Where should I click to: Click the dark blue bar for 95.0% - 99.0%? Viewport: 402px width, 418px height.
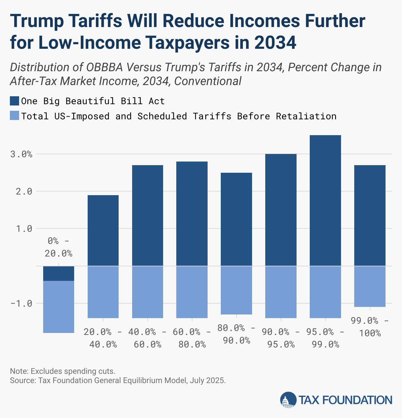pos(325,200)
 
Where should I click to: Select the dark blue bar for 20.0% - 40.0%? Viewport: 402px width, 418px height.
pos(103,230)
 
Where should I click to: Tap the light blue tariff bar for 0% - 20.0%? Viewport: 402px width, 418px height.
pos(59,307)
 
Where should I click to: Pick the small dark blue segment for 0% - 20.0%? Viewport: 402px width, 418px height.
pos(59,273)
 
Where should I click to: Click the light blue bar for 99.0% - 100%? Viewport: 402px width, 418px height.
pos(370,286)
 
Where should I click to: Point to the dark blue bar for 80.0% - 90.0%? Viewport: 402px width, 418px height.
pos(236,219)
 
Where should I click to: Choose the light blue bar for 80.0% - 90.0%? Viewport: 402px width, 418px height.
pos(236,290)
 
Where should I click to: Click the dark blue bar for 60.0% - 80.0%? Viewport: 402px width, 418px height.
pos(192,214)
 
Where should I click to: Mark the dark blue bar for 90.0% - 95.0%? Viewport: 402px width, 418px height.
pos(281,210)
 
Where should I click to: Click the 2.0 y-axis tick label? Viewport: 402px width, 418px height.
pos(23,191)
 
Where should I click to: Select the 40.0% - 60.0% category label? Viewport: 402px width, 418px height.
pos(147,338)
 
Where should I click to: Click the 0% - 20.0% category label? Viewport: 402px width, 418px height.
pos(59,247)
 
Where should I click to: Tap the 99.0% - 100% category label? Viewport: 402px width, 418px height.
pos(370,327)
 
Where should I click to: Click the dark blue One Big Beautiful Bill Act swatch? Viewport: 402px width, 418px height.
pos(14,101)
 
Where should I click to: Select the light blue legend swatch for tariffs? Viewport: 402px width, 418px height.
pos(14,116)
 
